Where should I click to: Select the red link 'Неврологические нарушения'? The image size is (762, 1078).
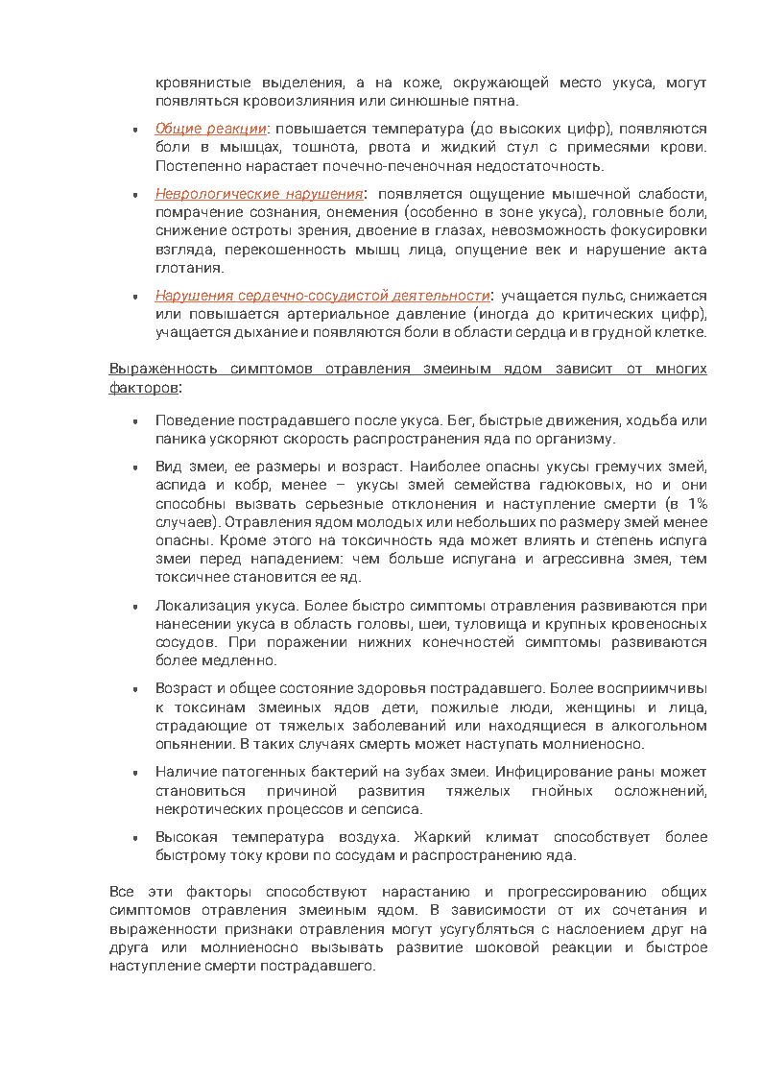259,193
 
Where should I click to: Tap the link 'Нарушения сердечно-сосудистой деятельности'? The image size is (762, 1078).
322,296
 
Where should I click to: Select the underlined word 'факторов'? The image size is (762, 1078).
143,388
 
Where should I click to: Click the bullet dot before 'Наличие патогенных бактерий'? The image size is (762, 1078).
135,773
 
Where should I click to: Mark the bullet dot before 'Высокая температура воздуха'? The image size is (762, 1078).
135,838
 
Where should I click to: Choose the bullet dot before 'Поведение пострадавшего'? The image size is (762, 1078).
135,420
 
